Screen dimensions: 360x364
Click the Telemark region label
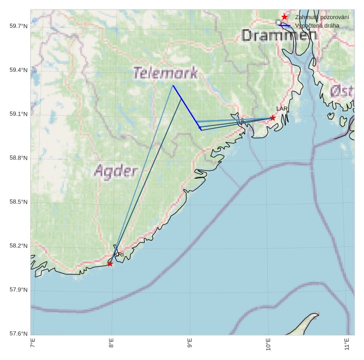click(165, 73)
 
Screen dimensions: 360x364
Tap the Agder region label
click(116, 171)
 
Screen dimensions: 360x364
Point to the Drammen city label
click(279, 35)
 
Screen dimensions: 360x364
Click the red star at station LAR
click(273, 117)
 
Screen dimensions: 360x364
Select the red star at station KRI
click(110, 263)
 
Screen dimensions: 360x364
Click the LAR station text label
click(282, 109)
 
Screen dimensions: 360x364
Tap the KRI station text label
click(119, 255)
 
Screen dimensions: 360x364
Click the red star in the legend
click(284, 17)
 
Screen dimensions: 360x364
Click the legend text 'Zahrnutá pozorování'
click(322, 17)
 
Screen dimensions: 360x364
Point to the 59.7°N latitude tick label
click(18, 26)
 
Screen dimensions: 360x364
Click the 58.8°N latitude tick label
click(18, 158)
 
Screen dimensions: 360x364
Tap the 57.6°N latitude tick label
click(18, 334)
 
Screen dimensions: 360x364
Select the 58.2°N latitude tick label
click(18, 246)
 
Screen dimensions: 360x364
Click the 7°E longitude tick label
click(33, 346)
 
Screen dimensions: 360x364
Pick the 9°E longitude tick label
click(190, 346)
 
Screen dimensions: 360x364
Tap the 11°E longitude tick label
click(347, 346)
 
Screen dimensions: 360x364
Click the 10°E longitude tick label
click(268, 347)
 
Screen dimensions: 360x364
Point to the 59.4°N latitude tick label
click(18, 70)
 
